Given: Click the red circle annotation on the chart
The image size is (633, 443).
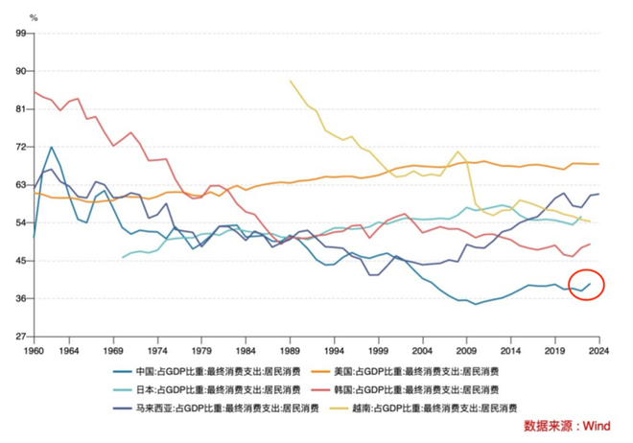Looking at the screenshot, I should coord(586,284).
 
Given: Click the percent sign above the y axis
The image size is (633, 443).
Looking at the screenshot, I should coord(34,17).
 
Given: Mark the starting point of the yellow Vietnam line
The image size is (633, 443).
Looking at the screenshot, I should coord(290,82).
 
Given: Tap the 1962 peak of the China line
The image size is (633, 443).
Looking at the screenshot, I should coord(52,148).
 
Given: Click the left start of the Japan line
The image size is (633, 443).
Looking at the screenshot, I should coord(123,257).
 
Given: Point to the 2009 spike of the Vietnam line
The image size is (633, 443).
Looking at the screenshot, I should coord(459,152).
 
